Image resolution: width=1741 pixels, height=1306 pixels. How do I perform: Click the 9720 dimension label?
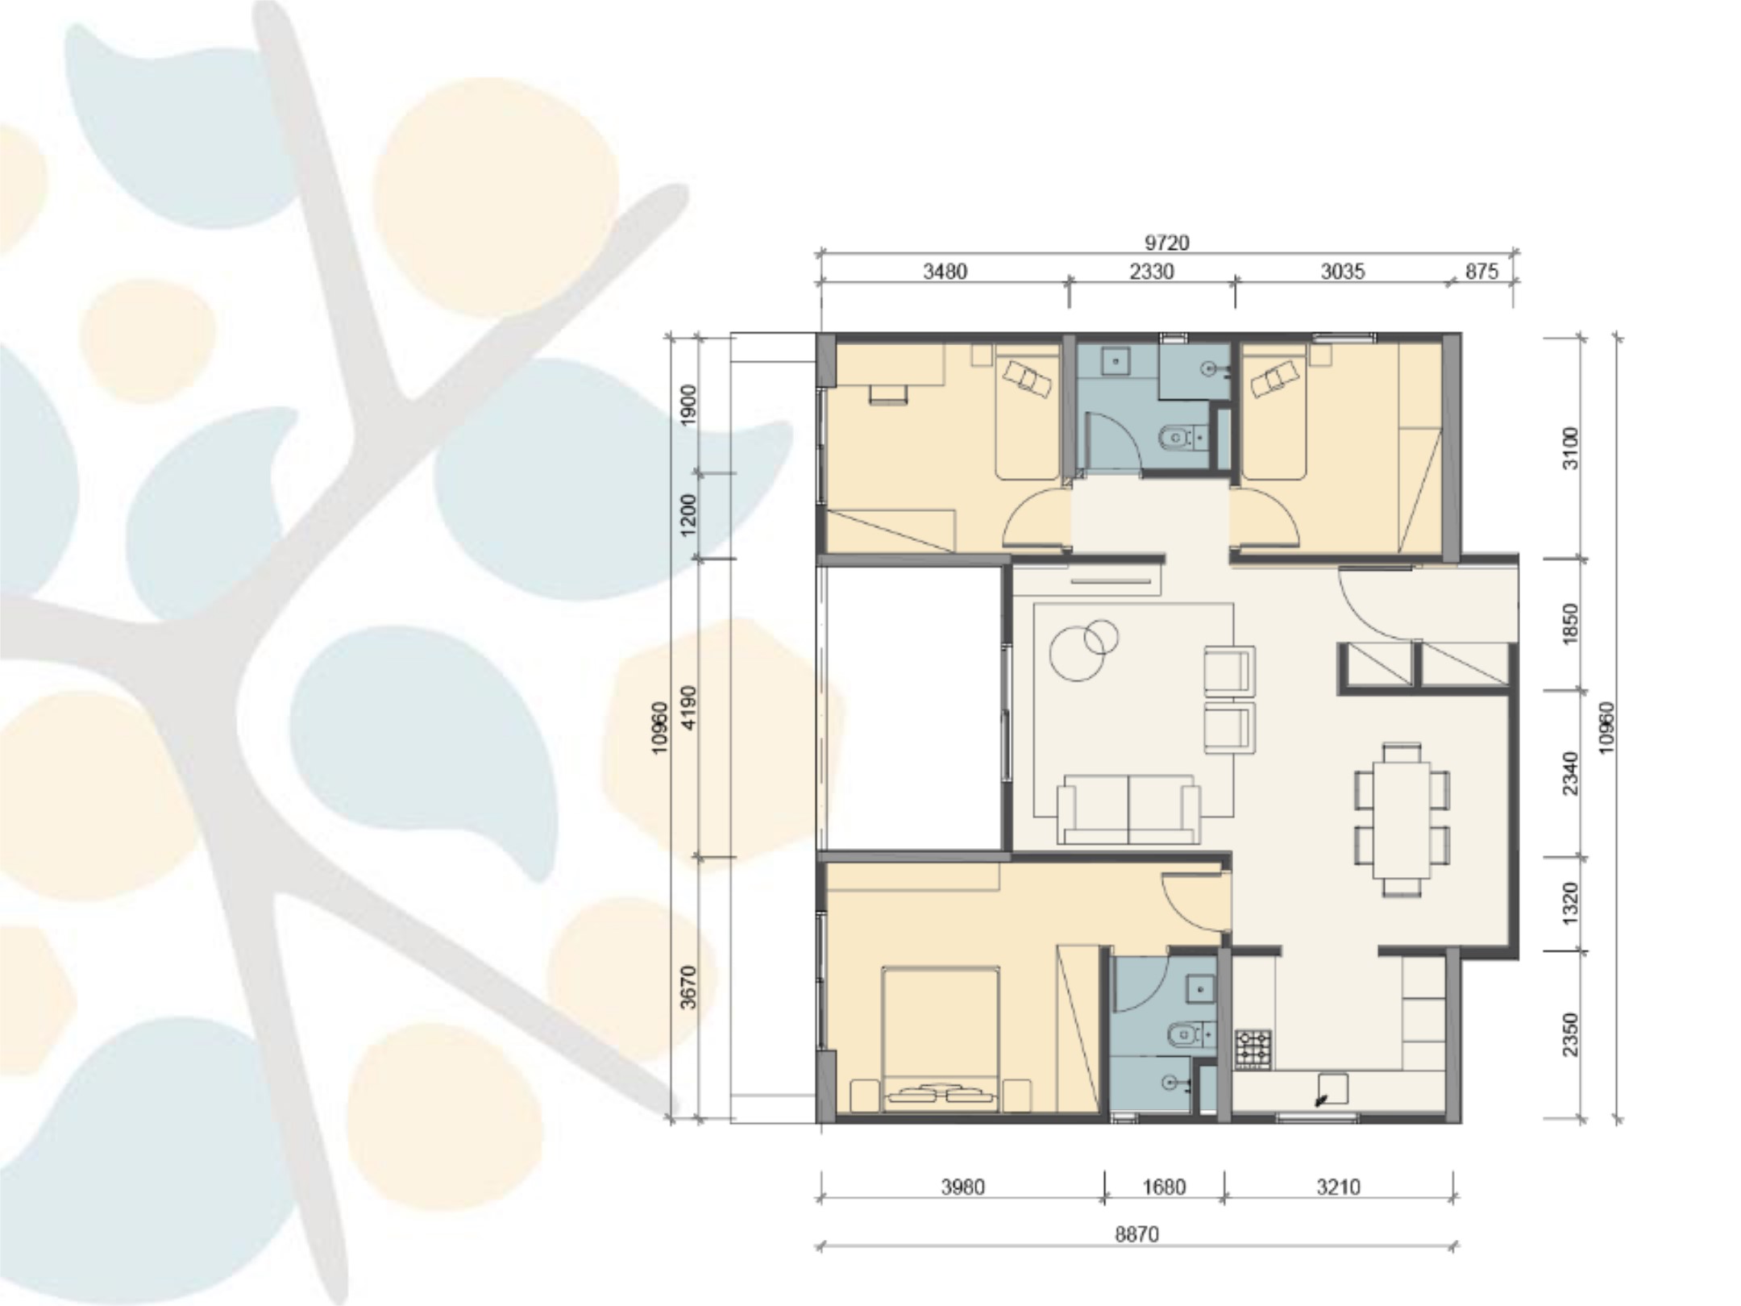[1166, 242]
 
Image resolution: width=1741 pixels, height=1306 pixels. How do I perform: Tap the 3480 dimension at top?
[945, 272]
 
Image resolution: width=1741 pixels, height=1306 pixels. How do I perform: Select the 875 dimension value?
[1481, 272]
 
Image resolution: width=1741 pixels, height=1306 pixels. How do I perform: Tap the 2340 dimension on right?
[1570, 773]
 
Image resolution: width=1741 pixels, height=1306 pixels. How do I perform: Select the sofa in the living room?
[1128, 809]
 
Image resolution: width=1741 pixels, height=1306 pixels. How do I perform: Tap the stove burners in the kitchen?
[1253, 1049]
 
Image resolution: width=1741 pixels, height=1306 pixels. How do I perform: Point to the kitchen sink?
[1333, 1088]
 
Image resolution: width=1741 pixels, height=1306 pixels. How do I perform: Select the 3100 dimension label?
[1570, 448]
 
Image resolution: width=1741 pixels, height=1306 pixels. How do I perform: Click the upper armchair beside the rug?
[1228, 670]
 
